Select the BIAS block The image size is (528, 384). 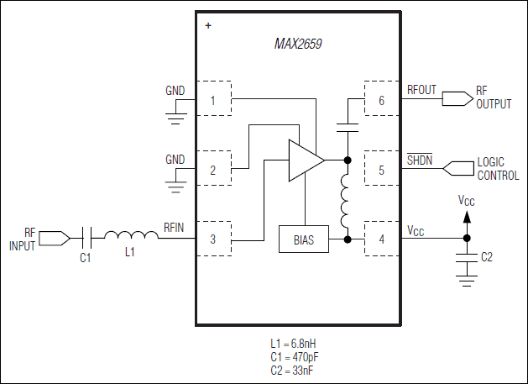[x=304, y=239]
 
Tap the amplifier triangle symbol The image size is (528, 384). [x=304, y=159]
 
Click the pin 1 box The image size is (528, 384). [x=213, y=101]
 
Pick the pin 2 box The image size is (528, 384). [x=213, y=171]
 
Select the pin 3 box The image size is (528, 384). [x=213, y=239]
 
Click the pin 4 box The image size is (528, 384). [x=381, y=239]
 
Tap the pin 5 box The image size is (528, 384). [x=381, y=171]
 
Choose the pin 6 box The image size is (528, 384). [x=381, y=101]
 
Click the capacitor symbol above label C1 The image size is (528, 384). [x=86, y=239]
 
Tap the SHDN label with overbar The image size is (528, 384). [x=420, y=160]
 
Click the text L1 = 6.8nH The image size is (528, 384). [x=290, y=343]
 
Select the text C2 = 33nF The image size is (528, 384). [x=290, y=370]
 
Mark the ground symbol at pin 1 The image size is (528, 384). [x=175, y=117]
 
